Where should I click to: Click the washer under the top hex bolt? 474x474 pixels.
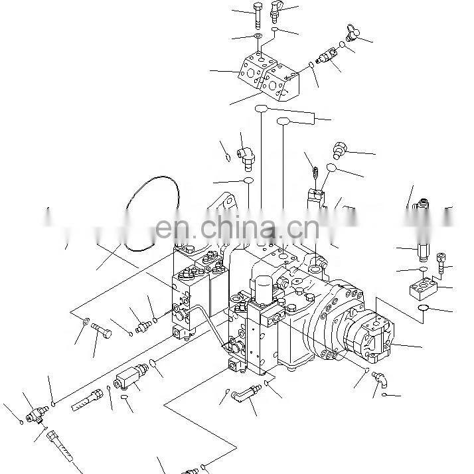coord(257,35)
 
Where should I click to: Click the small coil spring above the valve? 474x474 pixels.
coord(317,175)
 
